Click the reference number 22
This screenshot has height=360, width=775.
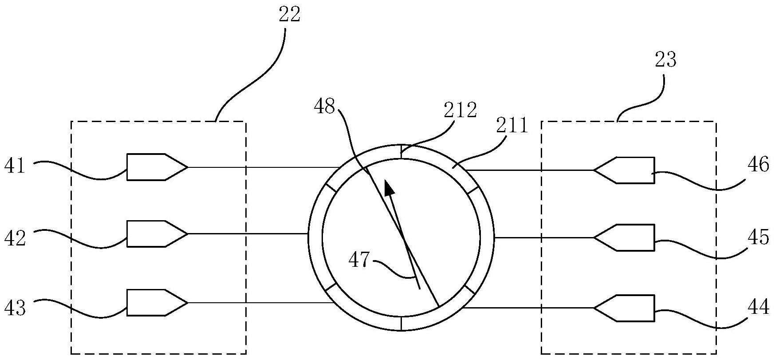[x=289, y=15]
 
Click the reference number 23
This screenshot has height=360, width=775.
[x=665, y=59]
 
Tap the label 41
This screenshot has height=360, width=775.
[x=15, y=167]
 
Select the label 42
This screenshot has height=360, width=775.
[x=15, y=238]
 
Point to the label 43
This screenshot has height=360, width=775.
[x=15, y=307]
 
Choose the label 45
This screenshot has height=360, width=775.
[x=758, y=237]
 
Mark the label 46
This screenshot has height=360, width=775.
[x=758, y=165]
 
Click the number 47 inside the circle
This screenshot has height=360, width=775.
[x=359, y=260]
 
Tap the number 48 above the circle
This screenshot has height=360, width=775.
[x=324, y=107]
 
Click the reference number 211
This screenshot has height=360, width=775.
[x=512, y=127]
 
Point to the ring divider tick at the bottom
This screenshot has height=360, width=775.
[x=401, y=323]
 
